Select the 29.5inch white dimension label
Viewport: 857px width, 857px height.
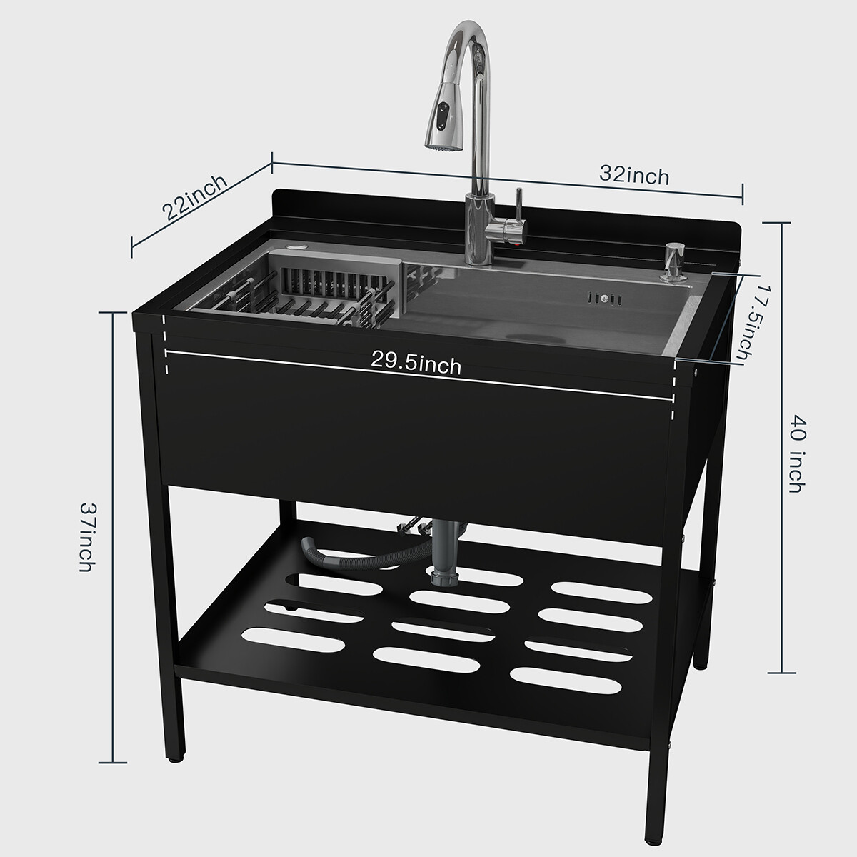pyautogui.click(x=416, y=364)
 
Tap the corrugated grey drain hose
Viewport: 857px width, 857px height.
pyautogui.click(x=356, y=555)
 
